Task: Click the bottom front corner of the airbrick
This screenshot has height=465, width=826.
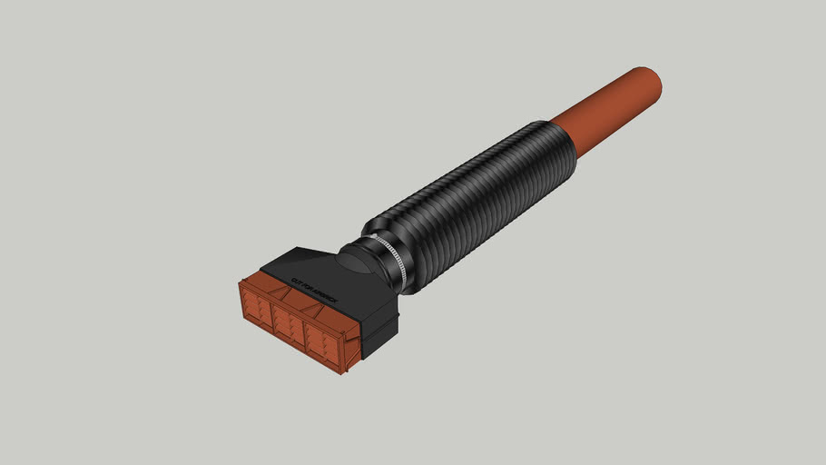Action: (x=344, y=373)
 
